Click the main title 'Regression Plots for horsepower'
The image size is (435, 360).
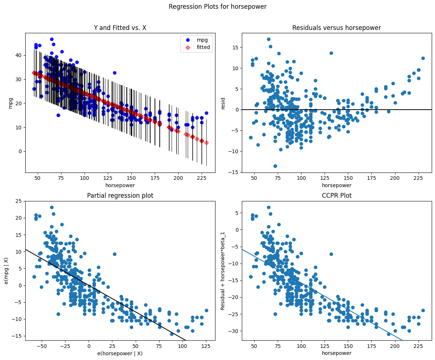pyautogui.click(x=217, y=7)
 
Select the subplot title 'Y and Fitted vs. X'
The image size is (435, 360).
pyautogui.click(x=120, y=28)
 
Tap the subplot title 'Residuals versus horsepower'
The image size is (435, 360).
pyautogui.click(x=337, y=28)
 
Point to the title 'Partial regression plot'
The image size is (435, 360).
pyautogui.click(x=120, y=196)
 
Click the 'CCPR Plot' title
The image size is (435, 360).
pyautogui.click(x=337, y=196)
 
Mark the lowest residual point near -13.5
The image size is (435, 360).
pyautogui.click(x=275, y=166)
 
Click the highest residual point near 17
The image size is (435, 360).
pyautogui.click(x=269, y=39)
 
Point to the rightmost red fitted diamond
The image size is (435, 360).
pyautogui.click(x=206, y=143)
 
